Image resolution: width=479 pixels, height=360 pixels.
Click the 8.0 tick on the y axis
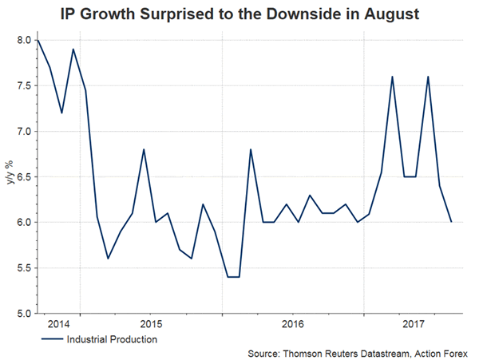(x=22, y=40)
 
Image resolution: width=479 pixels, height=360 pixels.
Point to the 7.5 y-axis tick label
(x=22, y=85)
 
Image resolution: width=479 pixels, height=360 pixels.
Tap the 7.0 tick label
(x=22, y=131)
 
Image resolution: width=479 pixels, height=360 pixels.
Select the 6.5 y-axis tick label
(x=22, y=176)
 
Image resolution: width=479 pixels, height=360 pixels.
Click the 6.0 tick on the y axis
(x=22, y=222)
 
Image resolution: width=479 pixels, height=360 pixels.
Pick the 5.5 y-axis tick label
(x=22, y=267)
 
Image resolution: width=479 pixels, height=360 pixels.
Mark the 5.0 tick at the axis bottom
(x=22, y=313)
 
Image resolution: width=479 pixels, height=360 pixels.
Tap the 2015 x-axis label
(x=151, y=325)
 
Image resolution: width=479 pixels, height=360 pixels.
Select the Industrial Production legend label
(x=111, y=339)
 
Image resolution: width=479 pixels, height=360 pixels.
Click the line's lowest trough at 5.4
(x=233, y=276)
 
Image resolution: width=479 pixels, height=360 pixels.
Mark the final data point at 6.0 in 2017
(x=451, y=222)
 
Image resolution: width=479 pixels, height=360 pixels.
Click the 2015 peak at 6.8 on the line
(x=143, y=149)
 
